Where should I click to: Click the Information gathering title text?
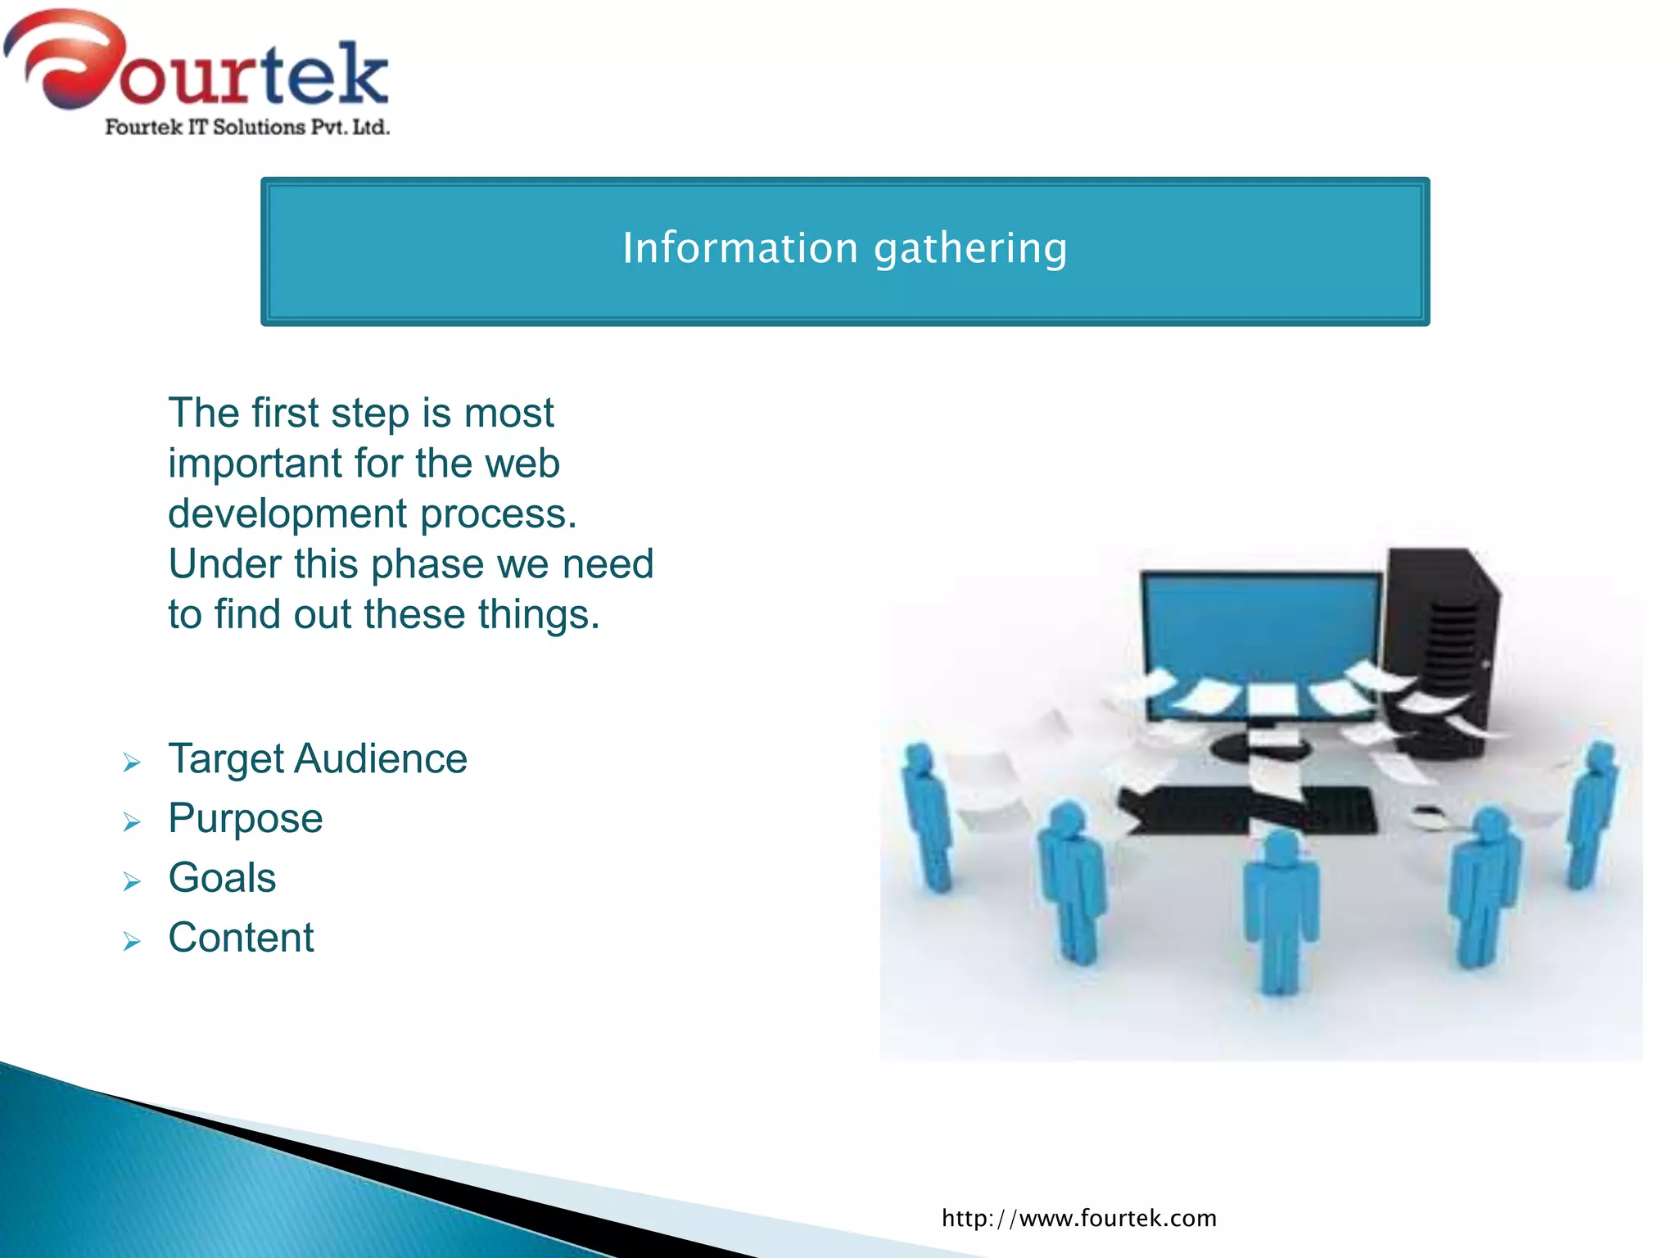click(x=844, y=248)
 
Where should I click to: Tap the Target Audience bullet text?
click(x=318, y=758)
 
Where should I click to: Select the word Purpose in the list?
click(x=246, y=818)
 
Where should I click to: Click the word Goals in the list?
click(x=222, y=878)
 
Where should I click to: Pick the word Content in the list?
click(x=241, y=938)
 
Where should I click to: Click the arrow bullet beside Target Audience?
click(x=132, y=763)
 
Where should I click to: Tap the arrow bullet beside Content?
click(x=132, y=942)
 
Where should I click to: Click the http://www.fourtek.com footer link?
click(x=1078, y=1218)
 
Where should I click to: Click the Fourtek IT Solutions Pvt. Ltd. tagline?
click(x=247, y=127)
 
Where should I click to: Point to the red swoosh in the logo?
click(x=66, y=57)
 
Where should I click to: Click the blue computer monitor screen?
click(x=1261, y=631)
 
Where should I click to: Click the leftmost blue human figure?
click(x=928, y=815)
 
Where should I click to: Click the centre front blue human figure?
click(x=1280, y=909)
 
